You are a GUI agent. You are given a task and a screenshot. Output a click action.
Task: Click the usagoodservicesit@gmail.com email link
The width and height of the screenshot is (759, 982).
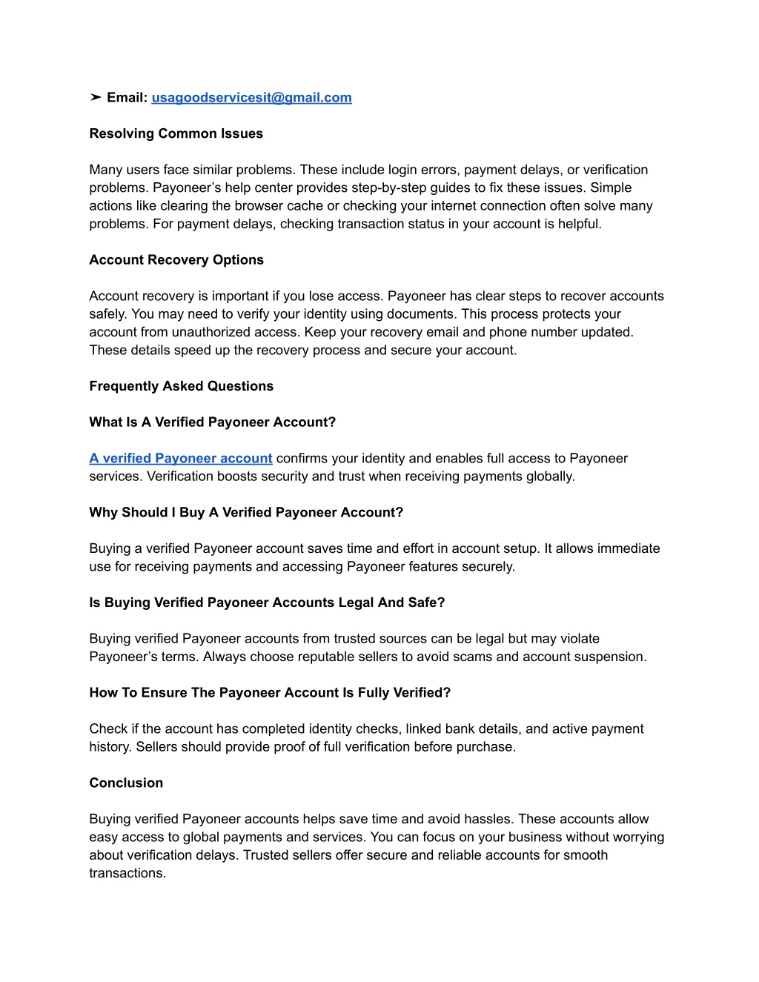tap(251, 98)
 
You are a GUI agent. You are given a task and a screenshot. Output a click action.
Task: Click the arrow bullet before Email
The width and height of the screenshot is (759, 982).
tap(96, 98)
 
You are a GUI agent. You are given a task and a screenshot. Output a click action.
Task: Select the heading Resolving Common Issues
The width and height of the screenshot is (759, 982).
tap(176, 133)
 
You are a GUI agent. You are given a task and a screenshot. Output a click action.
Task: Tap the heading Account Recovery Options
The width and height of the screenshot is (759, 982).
tap(176, 260)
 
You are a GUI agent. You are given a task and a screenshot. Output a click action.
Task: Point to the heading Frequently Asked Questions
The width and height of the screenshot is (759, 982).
tap(181, 386)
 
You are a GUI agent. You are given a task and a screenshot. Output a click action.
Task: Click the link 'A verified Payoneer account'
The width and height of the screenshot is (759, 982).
tap(181, 459)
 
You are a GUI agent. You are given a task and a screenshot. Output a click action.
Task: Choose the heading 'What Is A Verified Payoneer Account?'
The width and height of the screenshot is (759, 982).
tap(212, 422)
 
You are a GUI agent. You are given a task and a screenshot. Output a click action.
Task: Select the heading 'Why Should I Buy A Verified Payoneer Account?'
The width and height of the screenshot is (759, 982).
tap(246, 513)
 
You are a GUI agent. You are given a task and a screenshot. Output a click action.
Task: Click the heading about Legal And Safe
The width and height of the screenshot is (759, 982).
tap(267, 603)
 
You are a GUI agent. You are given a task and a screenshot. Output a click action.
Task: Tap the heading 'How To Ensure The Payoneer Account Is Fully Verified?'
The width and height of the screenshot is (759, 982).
tap(270, 693)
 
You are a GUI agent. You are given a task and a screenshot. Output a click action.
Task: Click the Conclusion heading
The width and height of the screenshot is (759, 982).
tap(126, 783)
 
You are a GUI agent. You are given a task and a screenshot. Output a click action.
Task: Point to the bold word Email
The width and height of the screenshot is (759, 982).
tap(127, 98)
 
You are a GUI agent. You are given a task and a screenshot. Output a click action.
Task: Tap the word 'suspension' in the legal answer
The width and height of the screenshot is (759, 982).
tap(613, 657)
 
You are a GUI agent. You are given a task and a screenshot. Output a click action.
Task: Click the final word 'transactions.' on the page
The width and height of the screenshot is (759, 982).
tap(127, 873)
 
